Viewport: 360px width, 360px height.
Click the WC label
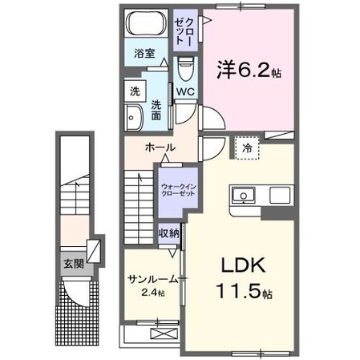pos(185,91)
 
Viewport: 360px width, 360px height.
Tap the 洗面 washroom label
pos(156,109)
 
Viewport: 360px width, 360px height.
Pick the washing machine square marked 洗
pos(134,91)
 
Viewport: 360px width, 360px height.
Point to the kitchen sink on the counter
pos(242,196)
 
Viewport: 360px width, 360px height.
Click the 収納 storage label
pos(168,233)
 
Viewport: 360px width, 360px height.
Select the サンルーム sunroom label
pos(152,278)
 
